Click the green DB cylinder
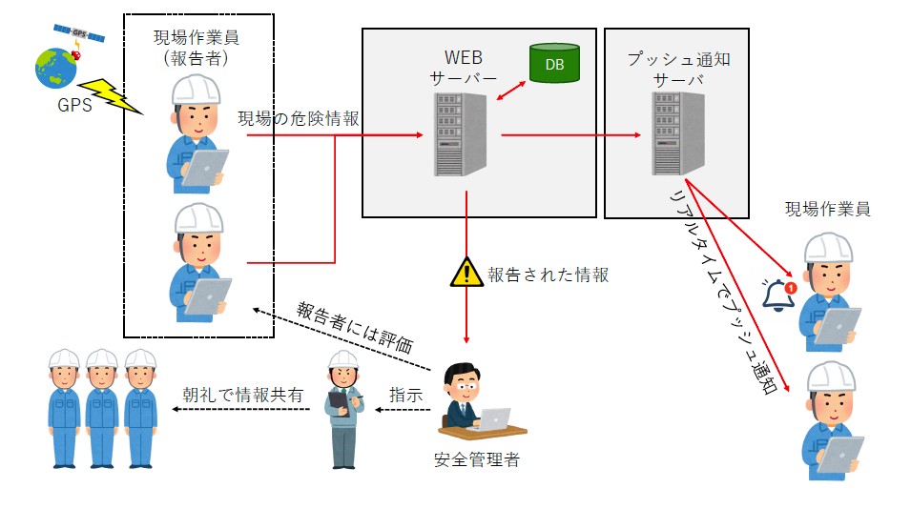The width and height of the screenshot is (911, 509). tap(554, 64)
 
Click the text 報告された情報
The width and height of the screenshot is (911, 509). tap(548, 275)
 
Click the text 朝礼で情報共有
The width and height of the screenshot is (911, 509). tap(243, 394)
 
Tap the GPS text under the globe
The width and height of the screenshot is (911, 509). tap(72, 105)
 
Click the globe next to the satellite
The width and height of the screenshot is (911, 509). tap(55, 68)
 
